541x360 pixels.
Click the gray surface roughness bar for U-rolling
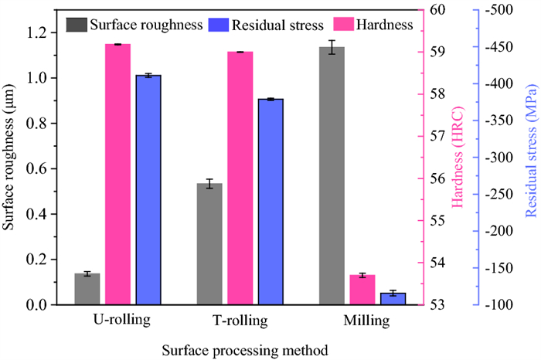point(87,289)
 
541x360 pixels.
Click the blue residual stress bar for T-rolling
point(271,201)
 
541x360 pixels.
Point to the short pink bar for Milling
point(362,289)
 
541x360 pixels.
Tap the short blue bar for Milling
point(393,298)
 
